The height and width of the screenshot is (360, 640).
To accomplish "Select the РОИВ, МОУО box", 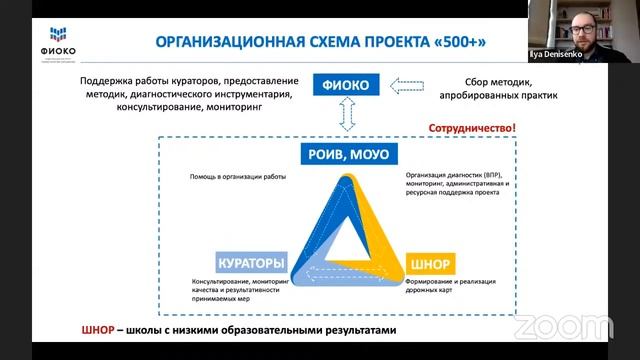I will (345, 154).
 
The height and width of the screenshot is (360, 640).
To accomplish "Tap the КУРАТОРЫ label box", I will (251, 263).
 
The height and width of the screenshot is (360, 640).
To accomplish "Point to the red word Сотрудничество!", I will (471, 129).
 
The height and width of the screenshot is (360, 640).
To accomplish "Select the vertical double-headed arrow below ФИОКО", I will (346, 117).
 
